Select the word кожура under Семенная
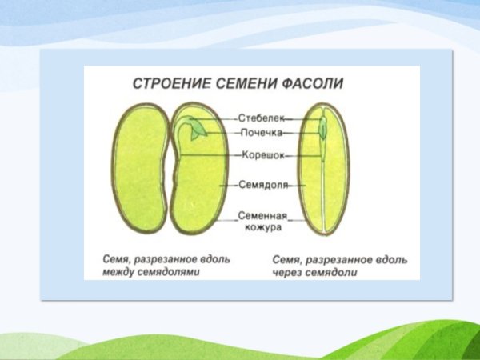point(261,226)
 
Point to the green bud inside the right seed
point(323,126)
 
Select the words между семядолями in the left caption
point(151,272)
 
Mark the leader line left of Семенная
point(225,216)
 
